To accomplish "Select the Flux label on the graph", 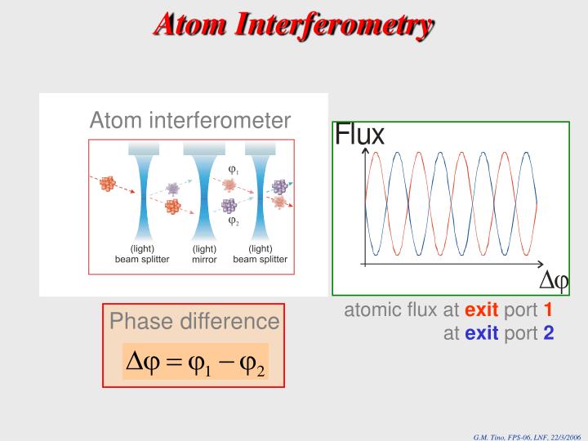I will tap(359, 134).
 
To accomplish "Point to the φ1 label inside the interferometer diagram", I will tap(233, 170).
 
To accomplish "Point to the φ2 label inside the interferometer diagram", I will tap(233, 220).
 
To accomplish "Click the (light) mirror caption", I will tap(204, 254).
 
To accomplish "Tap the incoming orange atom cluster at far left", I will tap(107, 184).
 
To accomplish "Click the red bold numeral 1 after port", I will tap(549, 310).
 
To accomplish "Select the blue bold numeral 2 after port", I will tap(549, 333).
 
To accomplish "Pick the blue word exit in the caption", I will tap(481, 333).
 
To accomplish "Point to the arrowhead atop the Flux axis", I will tap(364, 152).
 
